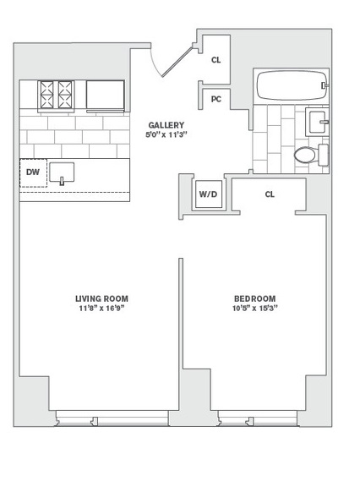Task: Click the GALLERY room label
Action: (x=166, y=125)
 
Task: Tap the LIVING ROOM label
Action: (x=101, y=298)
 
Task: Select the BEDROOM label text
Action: (x=255, y=298)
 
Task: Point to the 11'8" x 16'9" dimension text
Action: (x=101, y=309)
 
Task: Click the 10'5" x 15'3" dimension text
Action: (x=255, y=309)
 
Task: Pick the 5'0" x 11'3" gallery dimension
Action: (x=166, y=134)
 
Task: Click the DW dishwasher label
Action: (x=33, y=172)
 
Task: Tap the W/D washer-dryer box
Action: (x=209, y=194)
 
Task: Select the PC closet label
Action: (x=216, y=100)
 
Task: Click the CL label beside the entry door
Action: (x=216, y=60)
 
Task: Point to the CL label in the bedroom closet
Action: (x=270, y=194)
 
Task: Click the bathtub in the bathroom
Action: (x=292, y=85)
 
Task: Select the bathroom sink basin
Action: (x=318, y=122)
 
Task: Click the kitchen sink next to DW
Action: (x=62, y=172)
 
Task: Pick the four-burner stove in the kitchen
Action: (x=56, y=95)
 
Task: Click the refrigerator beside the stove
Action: (x=105, y=95)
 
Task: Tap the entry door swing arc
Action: (x=155, y=63)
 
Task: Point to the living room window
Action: (x=112, y=418)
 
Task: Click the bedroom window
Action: (x=258, y=418)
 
